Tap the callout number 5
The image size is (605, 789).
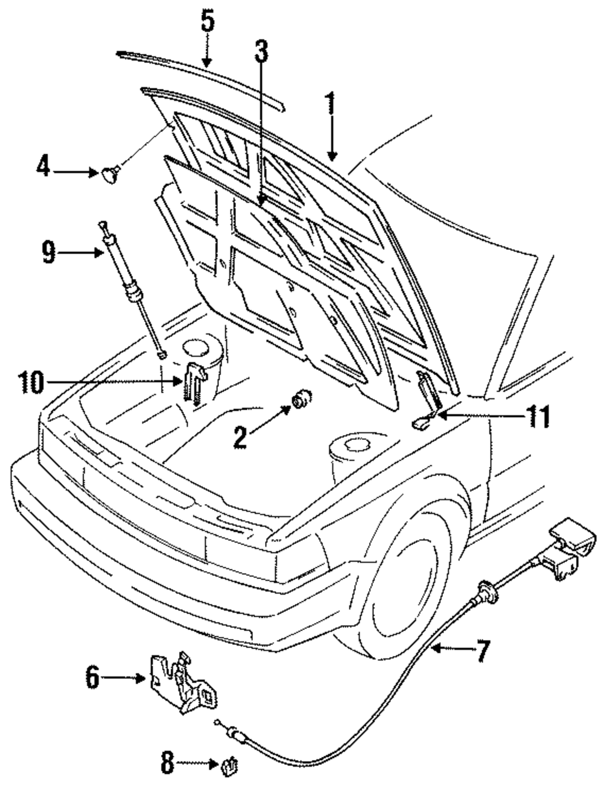coord(208,21)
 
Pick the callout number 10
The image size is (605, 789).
coord(31,382)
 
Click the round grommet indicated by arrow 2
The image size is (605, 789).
coord(302,399)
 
